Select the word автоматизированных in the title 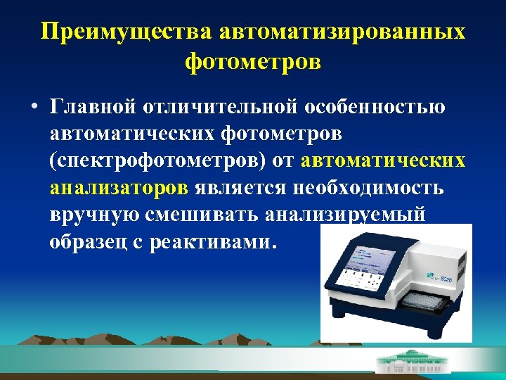342,32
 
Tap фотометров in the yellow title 253,62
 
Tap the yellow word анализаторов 119,188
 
